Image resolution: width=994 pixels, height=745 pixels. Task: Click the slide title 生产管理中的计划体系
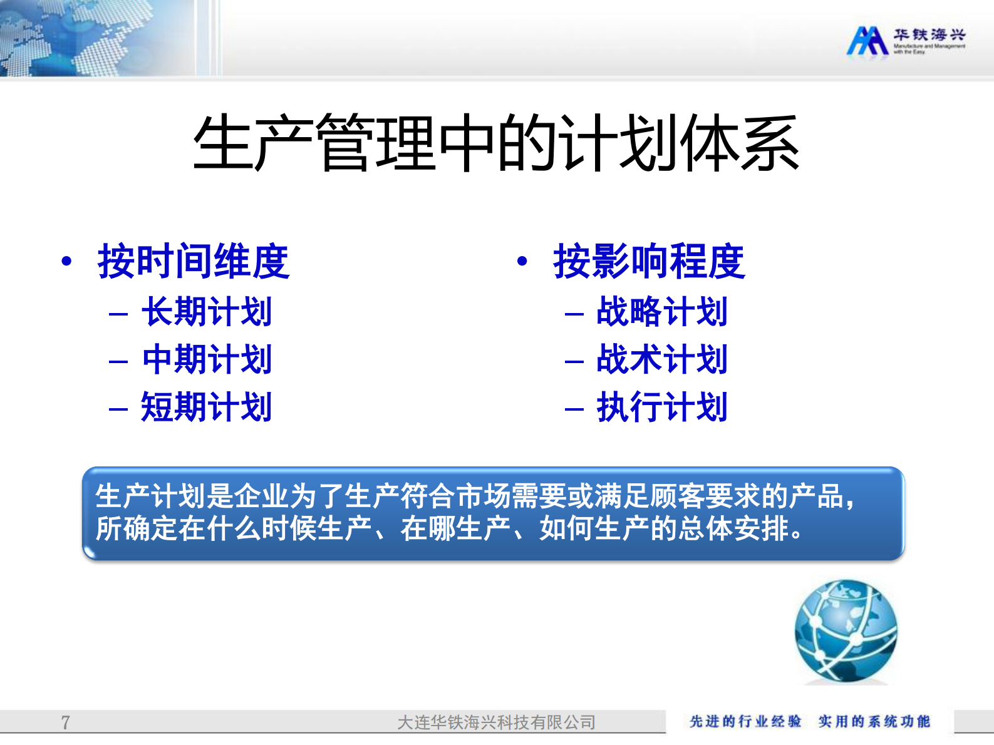pos(496,144)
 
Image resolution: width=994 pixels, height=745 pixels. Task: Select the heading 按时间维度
pos(193,261)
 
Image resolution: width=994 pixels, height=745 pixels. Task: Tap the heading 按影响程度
pos(649,261)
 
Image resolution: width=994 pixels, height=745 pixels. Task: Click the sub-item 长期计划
pos(207,312)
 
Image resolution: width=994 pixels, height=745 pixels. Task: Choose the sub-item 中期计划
pos(207,359)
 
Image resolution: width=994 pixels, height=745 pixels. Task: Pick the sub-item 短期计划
pos(207,407)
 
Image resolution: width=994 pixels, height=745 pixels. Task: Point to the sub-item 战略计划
pos(662,312)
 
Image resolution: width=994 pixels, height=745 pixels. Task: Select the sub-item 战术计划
pos(662,359)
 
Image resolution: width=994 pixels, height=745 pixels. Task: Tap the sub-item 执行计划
pos(662,407)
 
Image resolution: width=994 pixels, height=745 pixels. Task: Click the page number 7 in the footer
pos(66,722)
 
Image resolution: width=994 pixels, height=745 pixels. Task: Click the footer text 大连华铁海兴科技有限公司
pos(496,722)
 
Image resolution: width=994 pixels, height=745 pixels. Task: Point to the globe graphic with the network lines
pos(846,631)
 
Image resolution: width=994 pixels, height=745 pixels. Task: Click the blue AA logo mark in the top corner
pos(867,41)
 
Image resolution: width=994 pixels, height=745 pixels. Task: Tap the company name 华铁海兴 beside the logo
pos(929,35)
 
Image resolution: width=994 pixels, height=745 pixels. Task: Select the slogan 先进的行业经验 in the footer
pos(745,721)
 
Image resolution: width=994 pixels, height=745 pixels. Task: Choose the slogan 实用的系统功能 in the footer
pos(874,721)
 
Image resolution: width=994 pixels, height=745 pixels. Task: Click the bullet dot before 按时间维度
pos(66,261)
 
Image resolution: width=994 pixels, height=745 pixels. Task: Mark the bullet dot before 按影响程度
pos(522,261)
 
